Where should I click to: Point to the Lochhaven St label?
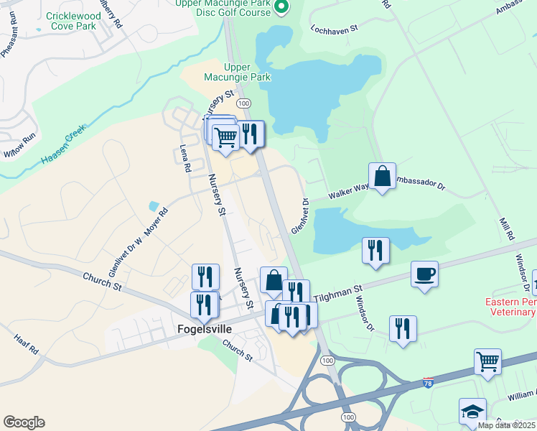pyautogui.click(x=335, y=30)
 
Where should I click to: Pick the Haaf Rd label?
pyautogui.click(x=25, y=347)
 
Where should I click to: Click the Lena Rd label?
pyautogui.click(x=185, y=158)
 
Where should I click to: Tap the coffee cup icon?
pyautogui.click(x=424, y=274)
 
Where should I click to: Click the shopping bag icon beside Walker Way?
pyautogui.click(x=382, y=175)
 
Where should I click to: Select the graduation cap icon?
pyautogui.click(x=472, y=411)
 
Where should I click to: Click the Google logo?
pyautogui.click(x=24, y=422)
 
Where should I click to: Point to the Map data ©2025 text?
pyautogui.click(x=506, y=425)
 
